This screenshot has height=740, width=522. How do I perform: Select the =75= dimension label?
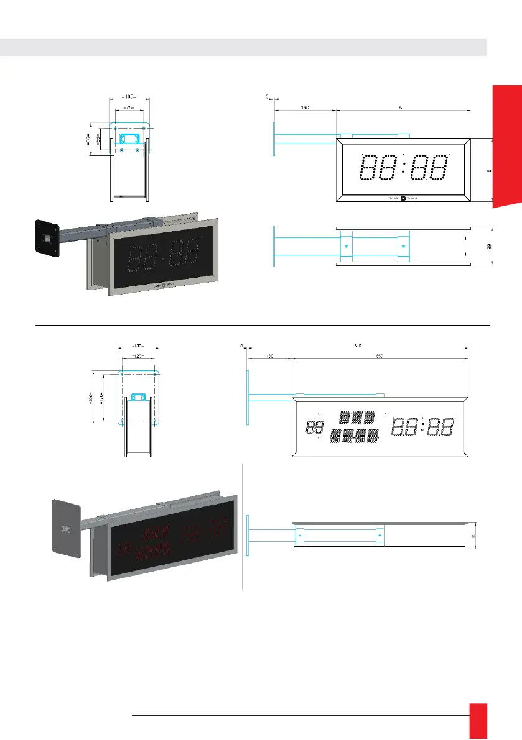coord(129,107)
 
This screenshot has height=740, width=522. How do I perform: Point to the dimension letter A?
coord(401,107)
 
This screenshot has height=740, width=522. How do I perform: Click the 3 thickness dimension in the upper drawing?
coord(267,97)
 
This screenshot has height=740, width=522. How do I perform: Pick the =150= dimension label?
coord(138,345)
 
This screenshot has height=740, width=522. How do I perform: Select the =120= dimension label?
coord(138,357)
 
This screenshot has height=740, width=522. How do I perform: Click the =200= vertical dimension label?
coord(90,397)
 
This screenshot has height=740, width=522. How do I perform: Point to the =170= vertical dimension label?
coord(102,397)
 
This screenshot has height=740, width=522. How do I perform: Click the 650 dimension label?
coord(379,357)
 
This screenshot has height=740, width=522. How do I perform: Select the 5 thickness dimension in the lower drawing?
coord(241,345)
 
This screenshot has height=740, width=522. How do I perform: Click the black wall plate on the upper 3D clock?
coord(47,238)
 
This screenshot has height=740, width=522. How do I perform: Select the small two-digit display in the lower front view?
coord(315,427)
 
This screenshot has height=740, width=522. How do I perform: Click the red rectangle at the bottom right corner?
coord(478,721)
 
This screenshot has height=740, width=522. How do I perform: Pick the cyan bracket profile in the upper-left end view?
coord(129,138)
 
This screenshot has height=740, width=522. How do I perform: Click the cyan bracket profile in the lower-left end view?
coord(138,395)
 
